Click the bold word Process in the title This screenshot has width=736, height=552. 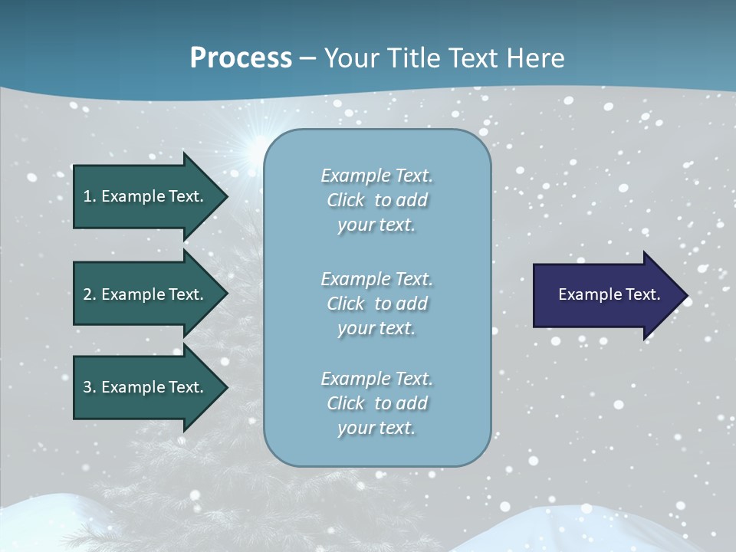(x=241, y=58)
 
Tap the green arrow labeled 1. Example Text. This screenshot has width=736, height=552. (x=146, y=196)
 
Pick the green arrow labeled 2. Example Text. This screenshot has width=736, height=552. (x=146, y=294)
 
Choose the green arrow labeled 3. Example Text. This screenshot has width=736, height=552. (x=146, y=387)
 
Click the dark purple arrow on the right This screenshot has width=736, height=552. (x=606, y=295)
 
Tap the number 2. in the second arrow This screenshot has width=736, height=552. (x=90, y=294)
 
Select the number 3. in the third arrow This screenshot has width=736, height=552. (x=90, y=387)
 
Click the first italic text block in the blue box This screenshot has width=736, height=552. (x=376, y=200)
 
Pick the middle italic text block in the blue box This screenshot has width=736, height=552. (x=376, y=304)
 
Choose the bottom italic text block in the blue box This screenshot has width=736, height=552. (x=376, y=403)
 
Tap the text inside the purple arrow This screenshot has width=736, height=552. (x=609, y=294)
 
